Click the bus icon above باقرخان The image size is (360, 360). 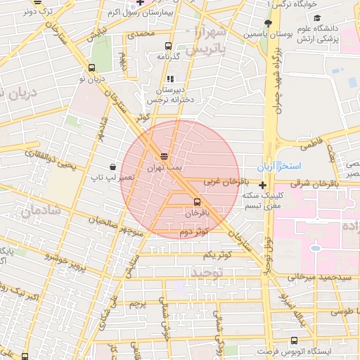click(196, 201)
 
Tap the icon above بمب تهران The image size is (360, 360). click(164, 156)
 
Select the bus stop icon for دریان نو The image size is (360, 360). click(91, 68)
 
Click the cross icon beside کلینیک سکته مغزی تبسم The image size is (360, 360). click(262, 186)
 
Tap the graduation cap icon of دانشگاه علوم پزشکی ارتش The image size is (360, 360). click(317, 18)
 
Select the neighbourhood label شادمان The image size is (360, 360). click(38, 210)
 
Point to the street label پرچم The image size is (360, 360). click(139, 304)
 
